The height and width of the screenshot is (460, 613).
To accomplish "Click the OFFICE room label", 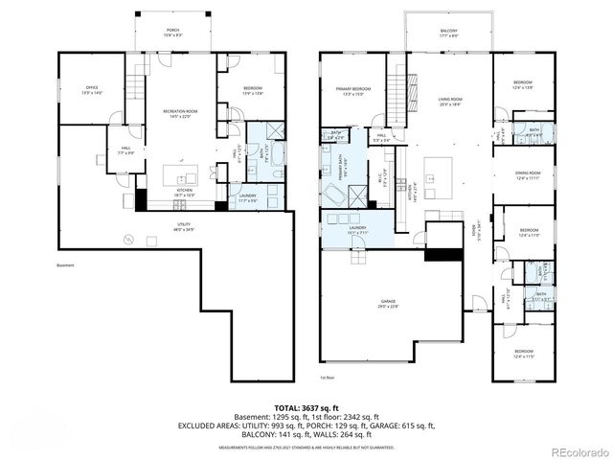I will [x=92, y=91].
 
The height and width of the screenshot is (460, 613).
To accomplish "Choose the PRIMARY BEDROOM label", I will [x=352, y=91].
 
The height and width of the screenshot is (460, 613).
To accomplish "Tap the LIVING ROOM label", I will [x=450, y=102].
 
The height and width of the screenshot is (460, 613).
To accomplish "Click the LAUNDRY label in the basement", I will [x=248, y=197].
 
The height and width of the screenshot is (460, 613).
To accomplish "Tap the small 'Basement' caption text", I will [x=65, y=265].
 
